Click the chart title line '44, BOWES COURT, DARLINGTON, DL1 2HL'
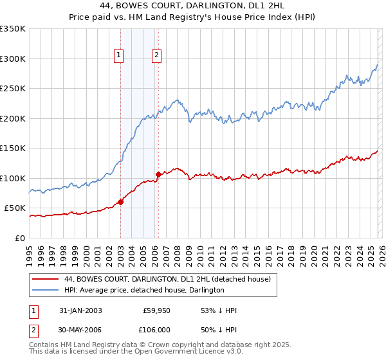coord(193,6)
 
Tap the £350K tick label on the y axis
coord(13,29)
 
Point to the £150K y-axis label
coord(13,148)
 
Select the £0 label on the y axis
coord(21,238)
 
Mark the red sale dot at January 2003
coord(120,202)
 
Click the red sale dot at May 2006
coord(158,174)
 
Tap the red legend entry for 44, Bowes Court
coord(167,279)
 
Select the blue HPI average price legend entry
coord(144,291)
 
